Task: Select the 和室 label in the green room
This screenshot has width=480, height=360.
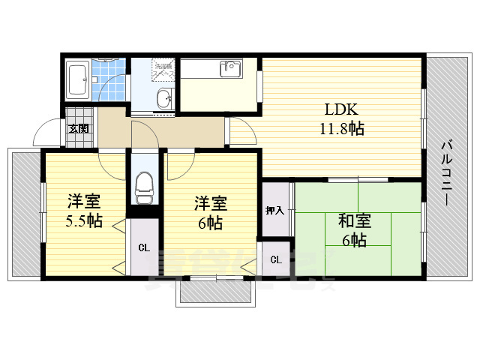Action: [x=353, y=221]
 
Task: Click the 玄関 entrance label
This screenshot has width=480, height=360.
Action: [x=78, y=128]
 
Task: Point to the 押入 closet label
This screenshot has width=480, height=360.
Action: [x=274, y=211]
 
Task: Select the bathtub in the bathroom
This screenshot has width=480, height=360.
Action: [x=78, y=79]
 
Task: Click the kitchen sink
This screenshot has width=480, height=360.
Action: [x=229, y=70]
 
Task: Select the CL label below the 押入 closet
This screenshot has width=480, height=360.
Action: [x=275, y=259]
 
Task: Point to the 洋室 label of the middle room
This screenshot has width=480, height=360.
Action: [x=211, y=203]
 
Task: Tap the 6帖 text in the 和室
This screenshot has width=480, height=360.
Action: [x=353, y=241]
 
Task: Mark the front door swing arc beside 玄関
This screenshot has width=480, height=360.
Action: [x=46, y=134]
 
